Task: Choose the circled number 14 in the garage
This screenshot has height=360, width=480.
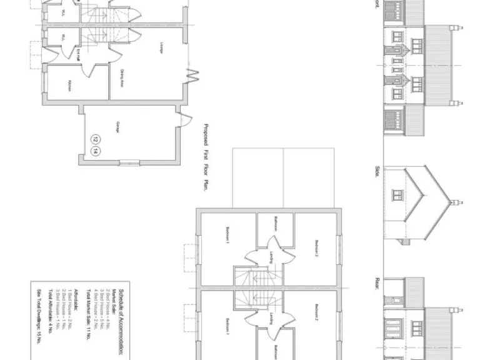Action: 95,151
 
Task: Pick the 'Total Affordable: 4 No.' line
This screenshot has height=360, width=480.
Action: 47,316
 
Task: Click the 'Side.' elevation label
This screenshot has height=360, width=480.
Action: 377,171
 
